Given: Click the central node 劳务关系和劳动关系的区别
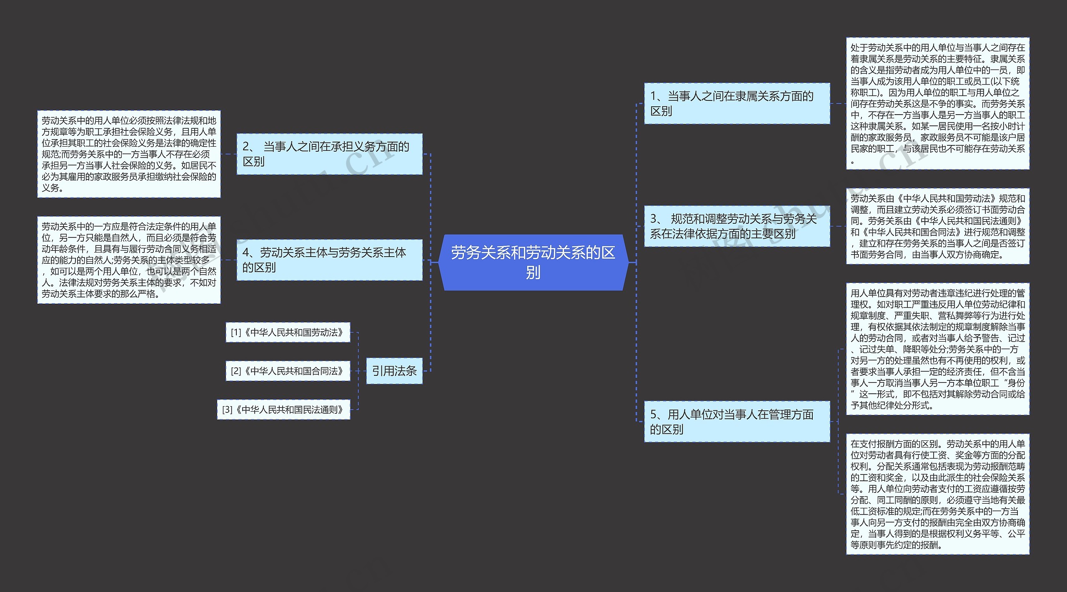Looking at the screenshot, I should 533,262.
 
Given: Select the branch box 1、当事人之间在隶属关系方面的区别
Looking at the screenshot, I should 736,103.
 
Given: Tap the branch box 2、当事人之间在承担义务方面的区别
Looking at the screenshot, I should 329,154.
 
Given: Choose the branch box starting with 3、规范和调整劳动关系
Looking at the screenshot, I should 736,226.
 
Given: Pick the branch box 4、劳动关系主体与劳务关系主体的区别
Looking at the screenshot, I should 329,260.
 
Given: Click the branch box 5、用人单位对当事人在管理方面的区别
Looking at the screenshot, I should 736,421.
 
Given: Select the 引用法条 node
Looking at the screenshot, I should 394,371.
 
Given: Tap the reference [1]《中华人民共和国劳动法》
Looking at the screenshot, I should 288,332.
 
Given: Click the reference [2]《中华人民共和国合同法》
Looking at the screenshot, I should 288,371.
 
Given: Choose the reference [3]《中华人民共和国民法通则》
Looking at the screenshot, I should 283,410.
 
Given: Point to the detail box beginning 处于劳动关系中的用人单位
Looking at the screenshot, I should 937,103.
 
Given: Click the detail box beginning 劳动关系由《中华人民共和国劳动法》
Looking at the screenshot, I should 937,226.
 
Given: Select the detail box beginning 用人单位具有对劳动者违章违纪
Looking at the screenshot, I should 937,349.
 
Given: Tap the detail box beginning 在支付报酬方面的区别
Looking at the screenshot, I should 937,494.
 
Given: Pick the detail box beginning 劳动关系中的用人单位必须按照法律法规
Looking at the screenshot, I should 129,154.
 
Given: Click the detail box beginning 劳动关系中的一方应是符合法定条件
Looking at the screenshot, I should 129,260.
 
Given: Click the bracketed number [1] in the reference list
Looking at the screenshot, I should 236,332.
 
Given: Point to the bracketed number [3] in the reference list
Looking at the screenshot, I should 227,410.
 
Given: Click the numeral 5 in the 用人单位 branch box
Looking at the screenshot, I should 654,415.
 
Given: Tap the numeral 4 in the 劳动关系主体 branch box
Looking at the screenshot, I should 246,253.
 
